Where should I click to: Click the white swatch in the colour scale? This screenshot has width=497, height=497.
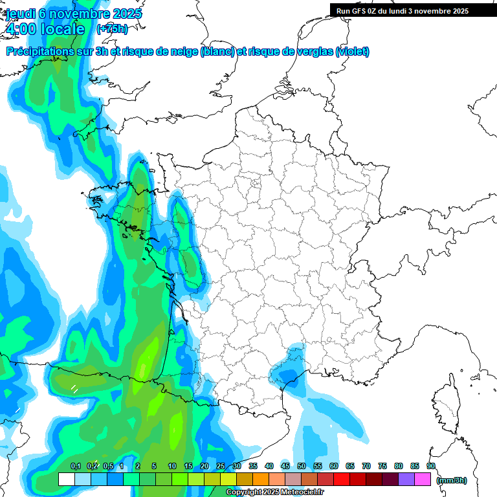[x=66, y=479]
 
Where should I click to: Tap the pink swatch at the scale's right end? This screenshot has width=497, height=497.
[x=423, y=479]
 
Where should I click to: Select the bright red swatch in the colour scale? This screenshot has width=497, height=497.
[x=342, y=479]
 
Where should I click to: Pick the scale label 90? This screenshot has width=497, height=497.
[x=431, y=466]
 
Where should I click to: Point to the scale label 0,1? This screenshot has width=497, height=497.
[x=75, y=466]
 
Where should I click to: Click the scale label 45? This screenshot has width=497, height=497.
[x=285, y=466]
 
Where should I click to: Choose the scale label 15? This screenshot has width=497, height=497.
[x=188, y=466]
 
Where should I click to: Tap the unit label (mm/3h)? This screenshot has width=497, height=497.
[x=452, y=480]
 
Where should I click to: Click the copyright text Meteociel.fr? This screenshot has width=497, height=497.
[x=307, y=492]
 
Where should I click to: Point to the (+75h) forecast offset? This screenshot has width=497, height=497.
[x=112, y=29]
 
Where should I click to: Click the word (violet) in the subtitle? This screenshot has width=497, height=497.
[x=353, y=52]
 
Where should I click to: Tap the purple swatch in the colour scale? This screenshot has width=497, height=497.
[x=406, y=479]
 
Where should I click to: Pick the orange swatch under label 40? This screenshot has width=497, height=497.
[x=261, y=479]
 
